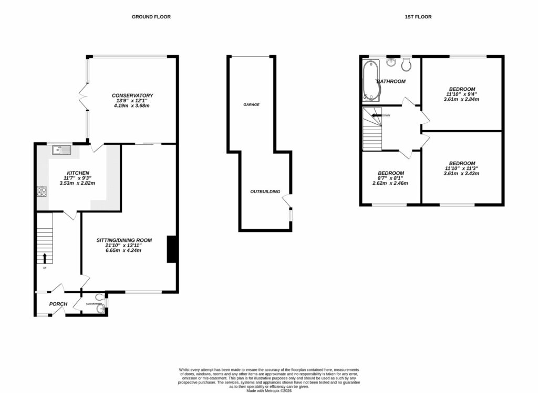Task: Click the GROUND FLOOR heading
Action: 151,17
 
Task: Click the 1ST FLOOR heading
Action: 418,17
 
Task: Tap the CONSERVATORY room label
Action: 132,95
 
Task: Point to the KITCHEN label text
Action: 77,173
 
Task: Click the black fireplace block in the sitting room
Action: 171,249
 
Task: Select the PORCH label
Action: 58,304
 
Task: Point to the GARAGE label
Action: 251,105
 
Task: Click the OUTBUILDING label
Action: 265,192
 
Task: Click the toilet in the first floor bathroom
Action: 406,65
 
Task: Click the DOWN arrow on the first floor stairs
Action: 376,115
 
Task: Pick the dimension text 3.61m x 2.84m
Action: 461,99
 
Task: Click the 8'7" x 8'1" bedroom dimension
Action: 390,178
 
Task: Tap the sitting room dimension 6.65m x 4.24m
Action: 123,250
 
